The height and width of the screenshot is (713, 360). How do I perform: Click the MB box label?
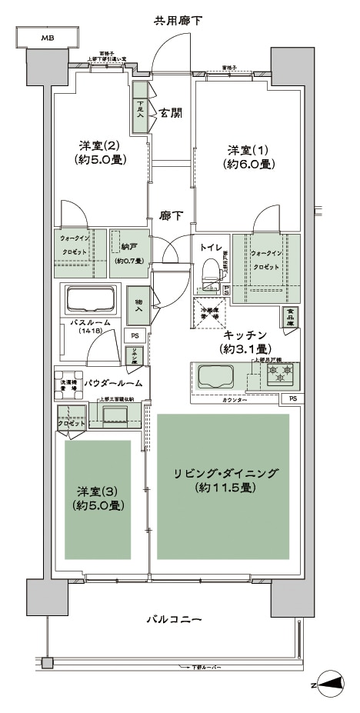[x=48, y=37]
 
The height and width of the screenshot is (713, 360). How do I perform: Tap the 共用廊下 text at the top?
[x=178, y=21]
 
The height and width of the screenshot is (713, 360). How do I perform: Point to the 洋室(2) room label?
[x=101, y=152]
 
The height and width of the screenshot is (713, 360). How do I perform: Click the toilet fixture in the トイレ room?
[x=208, y=272]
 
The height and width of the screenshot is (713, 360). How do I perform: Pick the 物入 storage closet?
[x=139, y=308]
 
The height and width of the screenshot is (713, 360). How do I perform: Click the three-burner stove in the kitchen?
[x=282, y=374]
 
